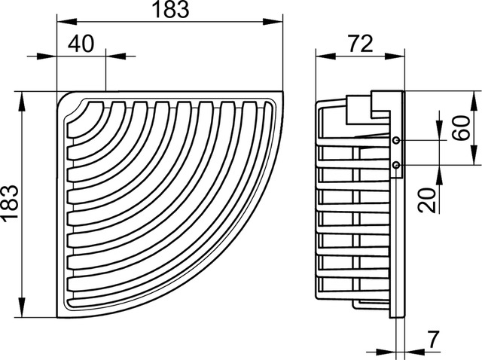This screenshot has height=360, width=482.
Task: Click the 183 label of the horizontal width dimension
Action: tap(170, 9)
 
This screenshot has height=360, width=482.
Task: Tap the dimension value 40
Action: tap(81, 44)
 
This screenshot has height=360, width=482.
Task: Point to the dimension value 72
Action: tap(361, 44)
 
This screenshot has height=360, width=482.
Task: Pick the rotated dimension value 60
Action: tap(462, 127)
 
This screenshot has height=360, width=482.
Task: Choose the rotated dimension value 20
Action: tap(428, 200)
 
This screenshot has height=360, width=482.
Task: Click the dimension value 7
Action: tap(434, 340)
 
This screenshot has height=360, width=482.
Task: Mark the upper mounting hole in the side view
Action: tap(396, 141)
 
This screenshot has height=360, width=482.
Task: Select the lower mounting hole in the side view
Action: tap(396, 166)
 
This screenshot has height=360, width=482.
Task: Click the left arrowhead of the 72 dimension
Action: tap(325, 56)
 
